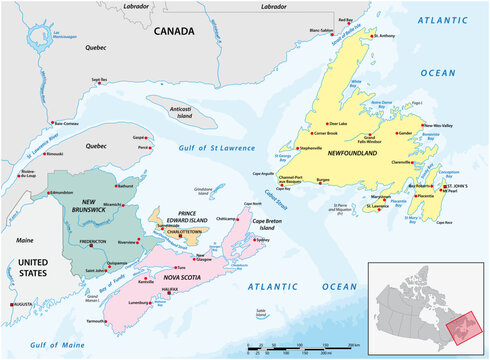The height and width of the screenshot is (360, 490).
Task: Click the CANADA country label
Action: point(174,32)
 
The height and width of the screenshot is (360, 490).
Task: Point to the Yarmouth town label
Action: point(96,321)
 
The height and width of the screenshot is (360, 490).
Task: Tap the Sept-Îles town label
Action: point(98,79)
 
